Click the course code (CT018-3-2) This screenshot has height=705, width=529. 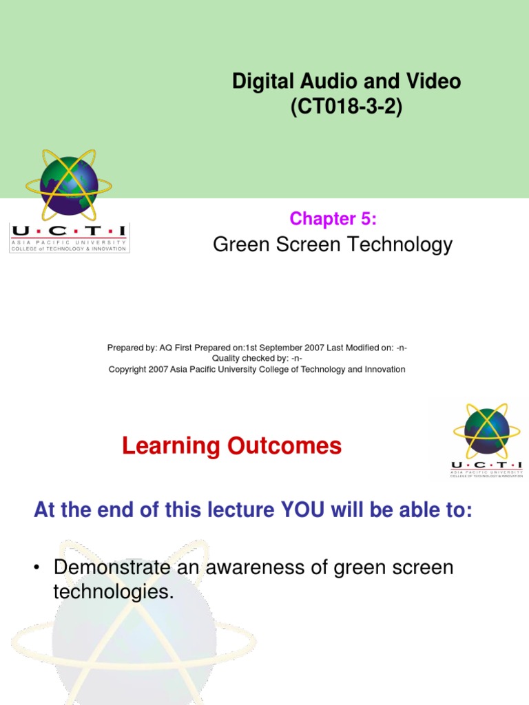click(346, 109)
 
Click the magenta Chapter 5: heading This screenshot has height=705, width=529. click(333, 218)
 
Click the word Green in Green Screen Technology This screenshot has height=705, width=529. click(238, 244)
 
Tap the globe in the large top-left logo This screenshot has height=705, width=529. click(68, 185)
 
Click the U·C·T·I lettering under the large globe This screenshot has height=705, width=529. click(69, 232)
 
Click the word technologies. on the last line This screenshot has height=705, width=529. click(112, 592)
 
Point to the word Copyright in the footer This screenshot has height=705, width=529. click(127, 369)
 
